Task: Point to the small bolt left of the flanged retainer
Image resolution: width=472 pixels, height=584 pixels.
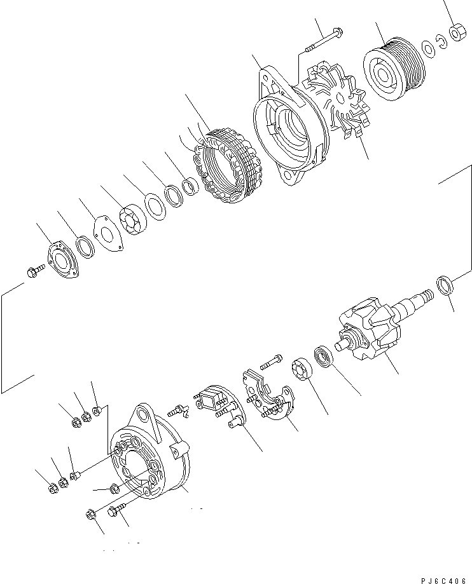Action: [x=34, y=273]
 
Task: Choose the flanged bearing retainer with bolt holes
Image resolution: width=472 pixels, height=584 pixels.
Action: [x=64, y=261]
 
